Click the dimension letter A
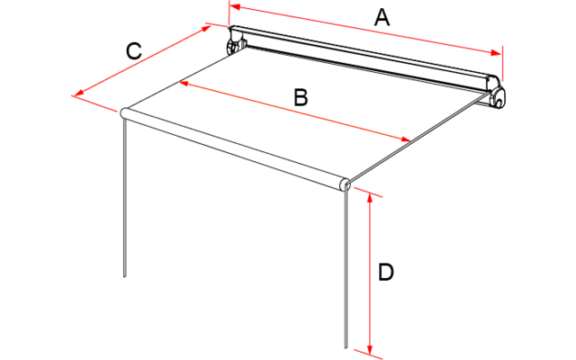tap(382, 17)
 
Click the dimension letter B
tap(301, 98)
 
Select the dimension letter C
tap(133, 51)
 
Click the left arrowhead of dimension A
tap(235, 6)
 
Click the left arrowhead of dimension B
tap(183, 83)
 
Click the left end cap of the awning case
tap(237, 40)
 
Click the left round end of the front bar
tap(125, 113)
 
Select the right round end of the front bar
tap(345, 184)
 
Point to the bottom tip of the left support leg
tap(125, 276)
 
